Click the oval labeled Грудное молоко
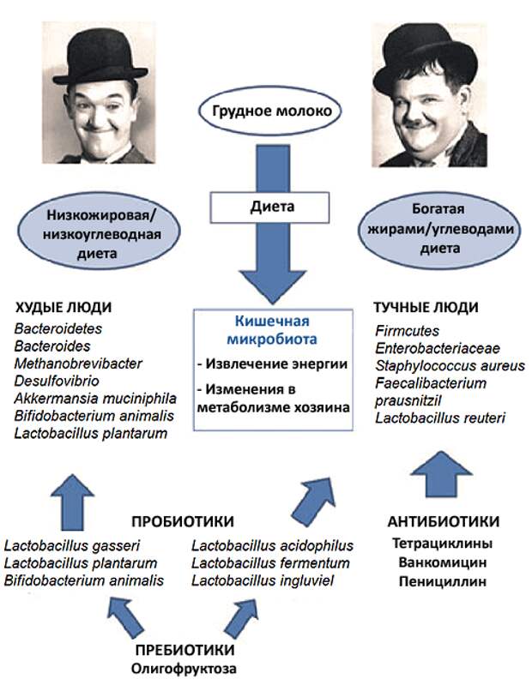(269, 111)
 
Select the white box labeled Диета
(269, 207)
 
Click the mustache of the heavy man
(420, 123)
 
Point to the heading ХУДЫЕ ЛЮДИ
(63, 308)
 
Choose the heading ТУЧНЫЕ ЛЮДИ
(426, 308)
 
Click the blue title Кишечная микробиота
(272, 330)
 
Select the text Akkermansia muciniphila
(95, 399)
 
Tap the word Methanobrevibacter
(78, 364)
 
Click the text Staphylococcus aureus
(450, 366)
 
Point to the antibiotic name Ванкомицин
(443, 562)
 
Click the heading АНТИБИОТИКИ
(444, 521)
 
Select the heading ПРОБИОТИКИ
(183, 521)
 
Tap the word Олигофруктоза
(184, 669)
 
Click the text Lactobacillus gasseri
(72, 546)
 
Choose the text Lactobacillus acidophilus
(272, 546)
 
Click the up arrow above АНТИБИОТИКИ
(442, 474)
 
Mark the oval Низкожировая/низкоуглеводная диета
(99, 235)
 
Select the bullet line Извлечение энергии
(272, 364)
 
